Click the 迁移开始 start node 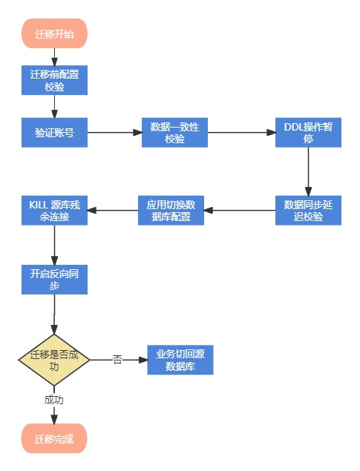pyautogui.click(x=54, y=33)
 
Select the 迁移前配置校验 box pyautogui.click(x=54, y=80)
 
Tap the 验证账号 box pyautogui.click(x=54, y=133)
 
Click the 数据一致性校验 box pyautogui.click(x=174, y=133)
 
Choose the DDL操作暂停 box pyautogui.click(x=308, y=133)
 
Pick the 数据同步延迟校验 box pyautogui.click(x=308, y=210)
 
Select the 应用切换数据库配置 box pyautogui.click(x=171, y=210)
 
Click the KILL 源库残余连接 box pyautogui.click(x=54, y=210)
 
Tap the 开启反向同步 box pyautogui.click(x=54, y=279)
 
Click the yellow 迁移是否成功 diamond pyautogui.click(x=54, y=359)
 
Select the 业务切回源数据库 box pyautogui.click(x=180, y=360)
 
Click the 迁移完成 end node pyautogui.click(x=54, y=438)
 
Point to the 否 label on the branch pyautogui.click(x=117, y=360)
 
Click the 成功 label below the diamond pyautogui.click(x=54, y=399)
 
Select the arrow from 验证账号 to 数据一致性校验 pyautogui.click(x=114, y=133)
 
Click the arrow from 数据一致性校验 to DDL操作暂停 pyautogui.click(x=240, y=133)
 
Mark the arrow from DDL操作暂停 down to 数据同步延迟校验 pyautogui.click(x=308, y=171)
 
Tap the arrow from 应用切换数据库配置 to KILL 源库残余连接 pyautogui.click(x=112, y=210)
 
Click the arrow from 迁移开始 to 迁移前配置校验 pyautogui.click(x=54, y=57)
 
